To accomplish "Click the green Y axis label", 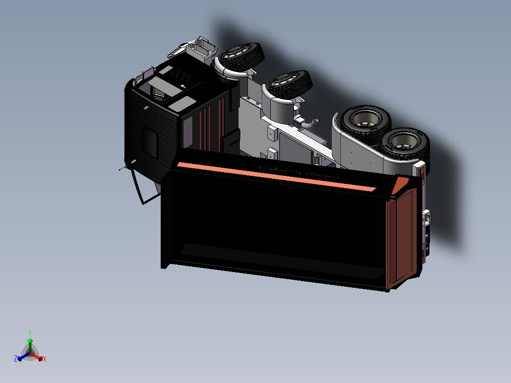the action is pyautogui.click(x=30, y=333).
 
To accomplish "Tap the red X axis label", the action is pyautogui.click(x=45, y=359).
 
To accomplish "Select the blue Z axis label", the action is pyautogui.click(x=16, y=358).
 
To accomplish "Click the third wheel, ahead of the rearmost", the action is pyautogui.click(x=365, y=120).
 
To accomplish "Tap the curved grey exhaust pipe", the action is pyautogui.click(x=310, y=123).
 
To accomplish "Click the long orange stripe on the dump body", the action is pyautogui.click(x=276, y=176).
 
